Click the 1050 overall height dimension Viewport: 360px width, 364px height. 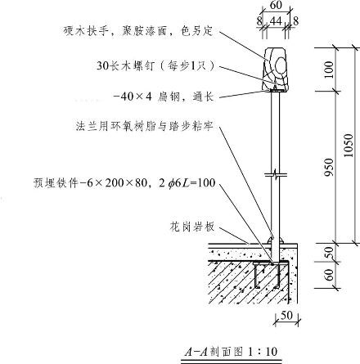(349, 145)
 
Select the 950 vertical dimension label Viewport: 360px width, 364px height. (329, 167)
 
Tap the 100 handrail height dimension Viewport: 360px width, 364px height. (329, 70)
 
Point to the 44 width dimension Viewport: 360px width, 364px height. (276, 21)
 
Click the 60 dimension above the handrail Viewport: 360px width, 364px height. (276, 5)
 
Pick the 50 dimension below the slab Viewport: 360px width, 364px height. (286, 316)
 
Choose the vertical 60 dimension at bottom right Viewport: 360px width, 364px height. (329, 275)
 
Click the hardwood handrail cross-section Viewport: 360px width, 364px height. (275, 70)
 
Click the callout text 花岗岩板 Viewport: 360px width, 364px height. (192, 227)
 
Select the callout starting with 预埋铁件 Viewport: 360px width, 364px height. (124, 183)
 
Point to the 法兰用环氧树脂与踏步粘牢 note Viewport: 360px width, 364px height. (144, 127)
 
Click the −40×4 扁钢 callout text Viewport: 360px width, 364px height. (163, 97)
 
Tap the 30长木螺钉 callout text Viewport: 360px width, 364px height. (155, 65)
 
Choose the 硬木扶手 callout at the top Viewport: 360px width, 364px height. (137, 31)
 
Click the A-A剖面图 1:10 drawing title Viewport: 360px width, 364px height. (231, 352)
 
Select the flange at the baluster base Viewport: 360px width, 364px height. (275, 241)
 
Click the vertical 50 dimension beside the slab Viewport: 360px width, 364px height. (329, 253)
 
